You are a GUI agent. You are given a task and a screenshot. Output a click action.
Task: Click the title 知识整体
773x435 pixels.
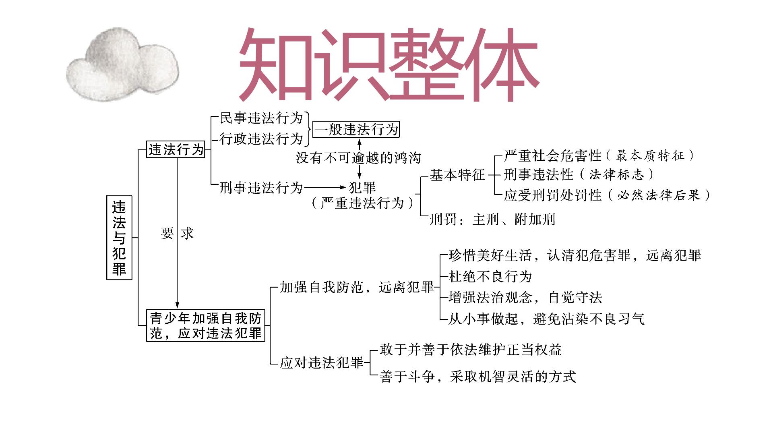389,64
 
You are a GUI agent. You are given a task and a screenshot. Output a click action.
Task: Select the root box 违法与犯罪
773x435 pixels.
119,238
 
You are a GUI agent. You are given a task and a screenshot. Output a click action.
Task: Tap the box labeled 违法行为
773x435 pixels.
176,149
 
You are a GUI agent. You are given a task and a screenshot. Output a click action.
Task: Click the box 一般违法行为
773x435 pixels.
356,129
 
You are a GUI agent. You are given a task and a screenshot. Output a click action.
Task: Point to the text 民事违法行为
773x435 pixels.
261,118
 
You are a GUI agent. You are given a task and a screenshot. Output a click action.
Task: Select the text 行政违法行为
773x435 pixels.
261,139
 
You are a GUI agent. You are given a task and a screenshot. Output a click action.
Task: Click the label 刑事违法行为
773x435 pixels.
261,188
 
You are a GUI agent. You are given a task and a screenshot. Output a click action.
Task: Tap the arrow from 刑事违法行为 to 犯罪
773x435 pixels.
325,187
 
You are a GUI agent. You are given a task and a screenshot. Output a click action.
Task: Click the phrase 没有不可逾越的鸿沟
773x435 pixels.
358,157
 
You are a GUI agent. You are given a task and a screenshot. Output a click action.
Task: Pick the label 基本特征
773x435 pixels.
457,175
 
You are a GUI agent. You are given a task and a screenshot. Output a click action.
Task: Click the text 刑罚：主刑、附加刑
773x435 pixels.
492,220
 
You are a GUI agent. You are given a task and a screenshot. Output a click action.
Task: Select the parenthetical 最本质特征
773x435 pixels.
650,155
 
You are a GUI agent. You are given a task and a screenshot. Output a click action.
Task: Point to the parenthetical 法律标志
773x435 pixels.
616,174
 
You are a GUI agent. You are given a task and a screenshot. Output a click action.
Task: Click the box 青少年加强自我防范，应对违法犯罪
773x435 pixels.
205,325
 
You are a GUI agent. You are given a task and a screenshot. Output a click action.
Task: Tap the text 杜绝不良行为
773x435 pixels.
490,276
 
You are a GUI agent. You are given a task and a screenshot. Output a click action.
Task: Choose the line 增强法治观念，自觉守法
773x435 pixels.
525,298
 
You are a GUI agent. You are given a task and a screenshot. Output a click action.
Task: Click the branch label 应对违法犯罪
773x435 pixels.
322,363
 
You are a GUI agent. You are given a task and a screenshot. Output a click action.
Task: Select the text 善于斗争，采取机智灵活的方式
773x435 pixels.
478,377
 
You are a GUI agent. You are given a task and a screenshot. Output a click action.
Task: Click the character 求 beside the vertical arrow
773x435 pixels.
187,233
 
